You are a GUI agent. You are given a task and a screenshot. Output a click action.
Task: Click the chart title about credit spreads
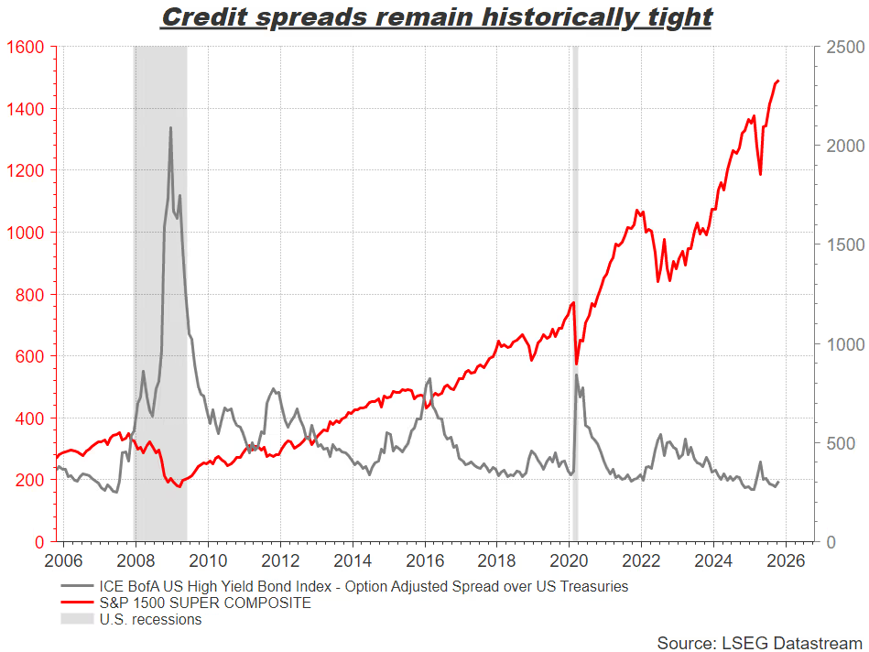click(x=436, y=17)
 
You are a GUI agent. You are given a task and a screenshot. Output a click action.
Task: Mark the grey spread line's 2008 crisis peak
click(x=170, y=128)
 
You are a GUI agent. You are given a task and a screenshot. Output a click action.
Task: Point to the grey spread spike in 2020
click(x=576, y=375)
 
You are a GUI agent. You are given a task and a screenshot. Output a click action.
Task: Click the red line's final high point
click(x=777, y=81)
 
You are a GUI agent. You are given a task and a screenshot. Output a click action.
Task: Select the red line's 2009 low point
click(x=179, y=486)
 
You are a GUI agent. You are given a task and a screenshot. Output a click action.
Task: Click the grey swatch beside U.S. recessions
click(x=77, y=619)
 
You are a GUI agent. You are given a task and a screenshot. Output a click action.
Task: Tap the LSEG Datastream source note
click(x=759, y=643)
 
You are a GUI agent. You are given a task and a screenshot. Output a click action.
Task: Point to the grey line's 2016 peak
click(x=429, y=379)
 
